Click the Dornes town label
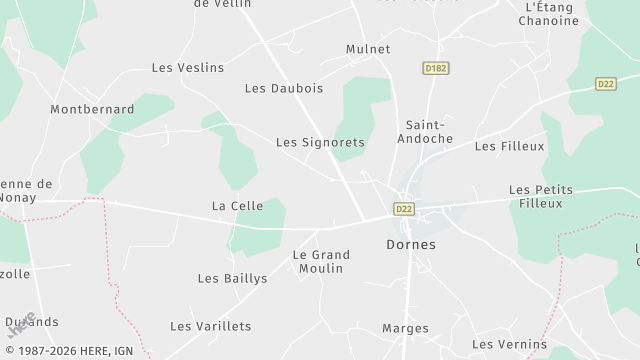(x=410, y=243)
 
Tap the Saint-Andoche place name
(x=428, y=131)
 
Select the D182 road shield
(x=433, y=66)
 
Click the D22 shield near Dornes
(x=403, y=209)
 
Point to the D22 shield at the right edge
(x=606, y=83)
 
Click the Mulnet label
(x=367, y=49)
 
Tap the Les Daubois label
(x=283, y=88)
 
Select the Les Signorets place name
(x=320, y=143)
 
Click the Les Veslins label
(x=187, y=68)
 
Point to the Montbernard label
(x=92, y=108)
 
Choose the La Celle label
(x=237, y=206)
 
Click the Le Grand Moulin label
(x=320, y=261)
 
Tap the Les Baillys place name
(x=232, y=279)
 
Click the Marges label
(x=405, y=328)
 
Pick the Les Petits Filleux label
(x=549, y=196)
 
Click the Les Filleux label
(x=509, y=146)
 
